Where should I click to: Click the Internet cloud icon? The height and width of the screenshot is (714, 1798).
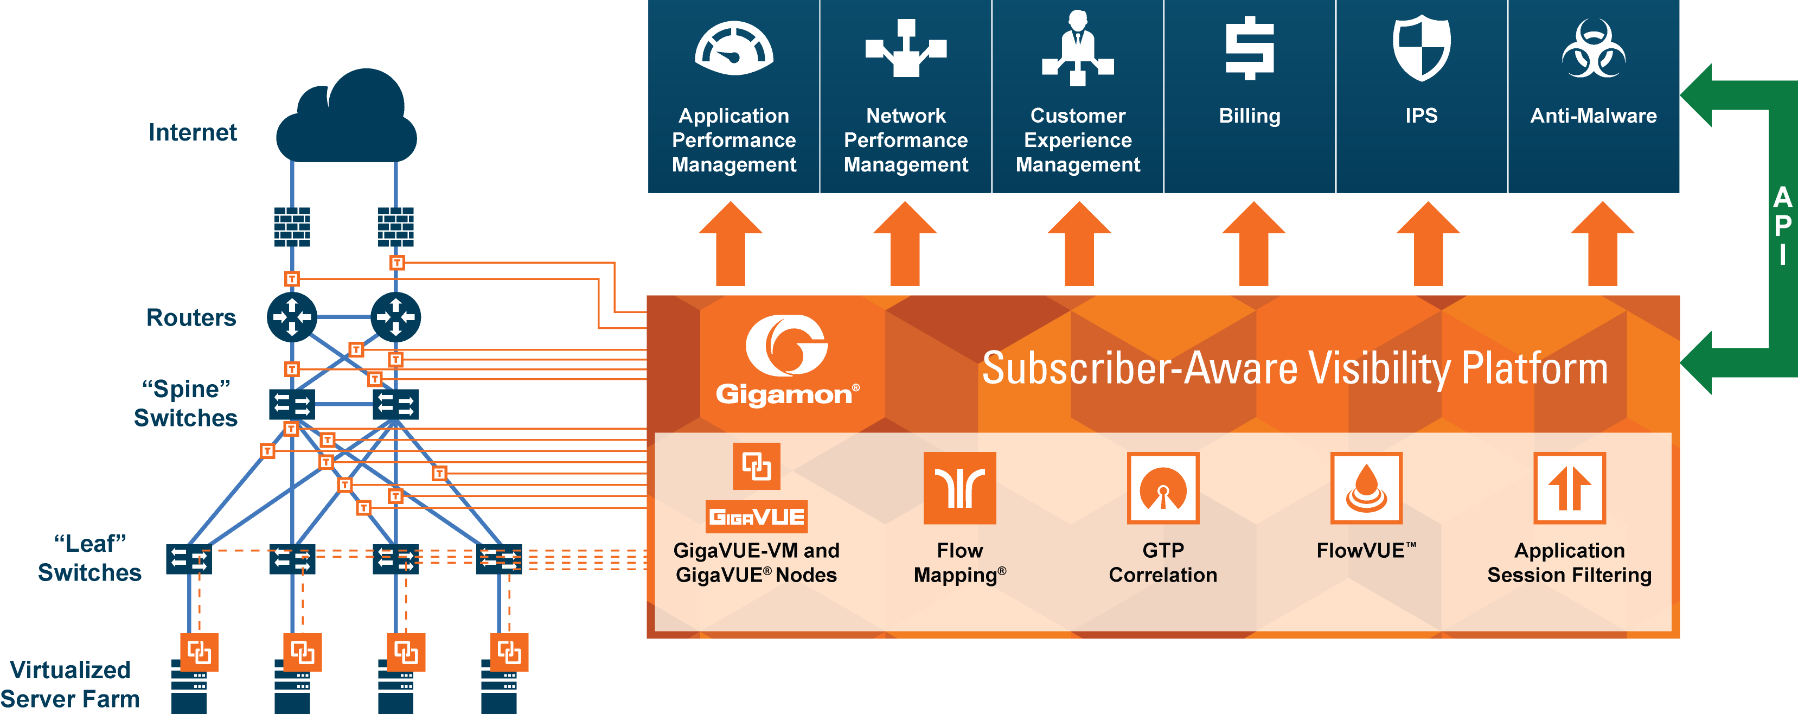[347, 119]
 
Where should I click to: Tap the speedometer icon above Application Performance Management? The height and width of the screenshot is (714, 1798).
[734, 49]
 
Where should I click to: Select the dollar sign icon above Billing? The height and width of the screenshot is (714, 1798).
[1250, 48]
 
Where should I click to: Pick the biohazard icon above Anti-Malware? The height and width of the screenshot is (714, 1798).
[1594, 49]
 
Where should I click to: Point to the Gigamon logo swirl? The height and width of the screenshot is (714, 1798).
[786, 346]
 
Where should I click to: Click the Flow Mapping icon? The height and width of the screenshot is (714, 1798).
[959, 487]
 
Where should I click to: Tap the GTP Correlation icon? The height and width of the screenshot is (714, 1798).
[1163, 487]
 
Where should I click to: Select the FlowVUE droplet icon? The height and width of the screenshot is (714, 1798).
[1366, 487]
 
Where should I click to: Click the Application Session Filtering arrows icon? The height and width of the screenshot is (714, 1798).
[1569, 487]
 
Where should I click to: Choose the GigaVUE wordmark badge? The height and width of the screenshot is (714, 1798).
[757, 517]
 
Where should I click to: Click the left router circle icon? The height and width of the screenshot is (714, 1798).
[292, 317]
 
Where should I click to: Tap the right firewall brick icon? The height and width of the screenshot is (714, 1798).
[396, 227]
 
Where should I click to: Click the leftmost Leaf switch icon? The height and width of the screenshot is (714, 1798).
[188, 559]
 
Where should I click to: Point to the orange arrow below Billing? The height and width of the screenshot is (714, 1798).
[1253, 244]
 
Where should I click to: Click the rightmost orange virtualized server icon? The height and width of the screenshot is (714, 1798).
[509, 653]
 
